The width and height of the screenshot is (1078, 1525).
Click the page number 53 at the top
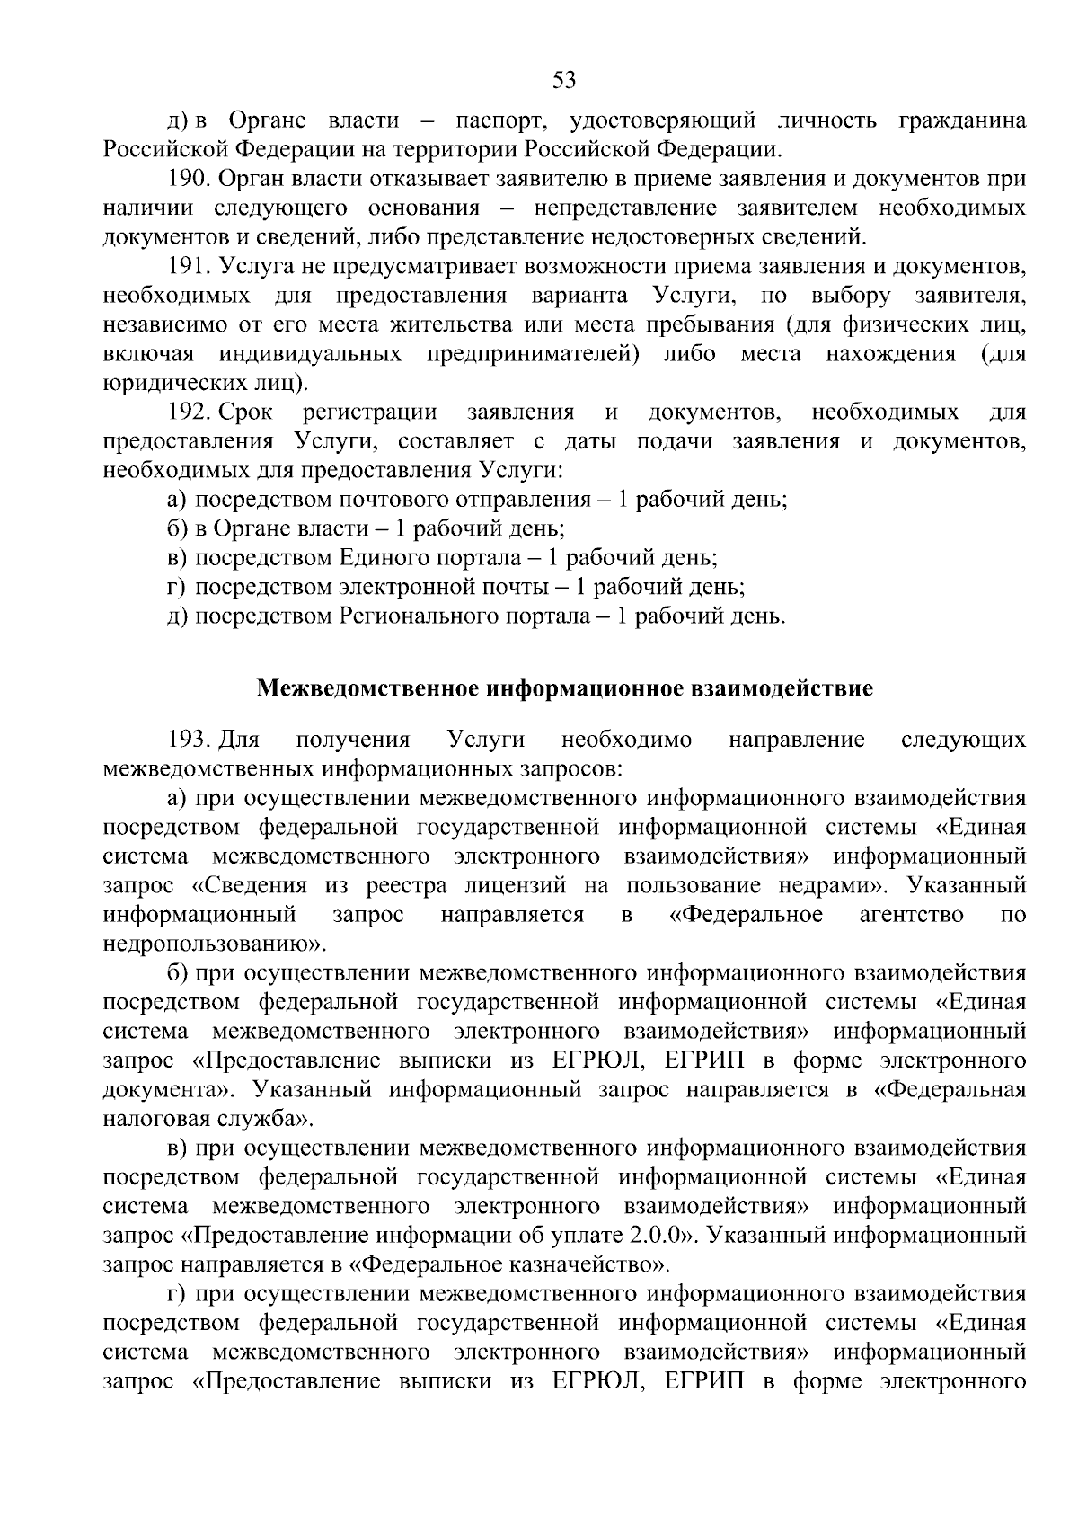[563, 80]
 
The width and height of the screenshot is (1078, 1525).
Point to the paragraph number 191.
[189, 267]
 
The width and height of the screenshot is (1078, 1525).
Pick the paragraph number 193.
[189, 740]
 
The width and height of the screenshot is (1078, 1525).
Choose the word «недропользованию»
[208, 944]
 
